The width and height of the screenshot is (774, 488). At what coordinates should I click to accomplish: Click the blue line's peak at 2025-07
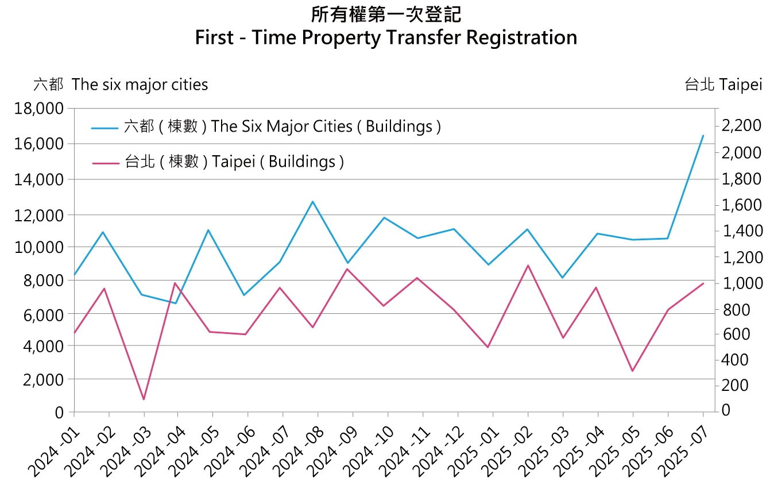point(703,136)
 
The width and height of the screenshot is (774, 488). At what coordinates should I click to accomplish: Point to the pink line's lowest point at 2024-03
point(144,399)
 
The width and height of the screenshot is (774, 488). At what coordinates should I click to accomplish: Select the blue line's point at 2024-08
point(313,201)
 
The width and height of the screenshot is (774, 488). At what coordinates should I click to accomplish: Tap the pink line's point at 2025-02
point(528,266)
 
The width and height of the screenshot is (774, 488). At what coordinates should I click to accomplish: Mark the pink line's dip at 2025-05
point(633,371)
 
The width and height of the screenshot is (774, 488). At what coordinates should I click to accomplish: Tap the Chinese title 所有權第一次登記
point(386,14)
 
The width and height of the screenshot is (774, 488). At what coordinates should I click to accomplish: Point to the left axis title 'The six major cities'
point(140,84)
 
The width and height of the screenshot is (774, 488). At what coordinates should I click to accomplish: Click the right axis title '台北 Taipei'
point(723,84)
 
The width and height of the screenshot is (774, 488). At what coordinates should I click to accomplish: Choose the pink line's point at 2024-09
point(353,268)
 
